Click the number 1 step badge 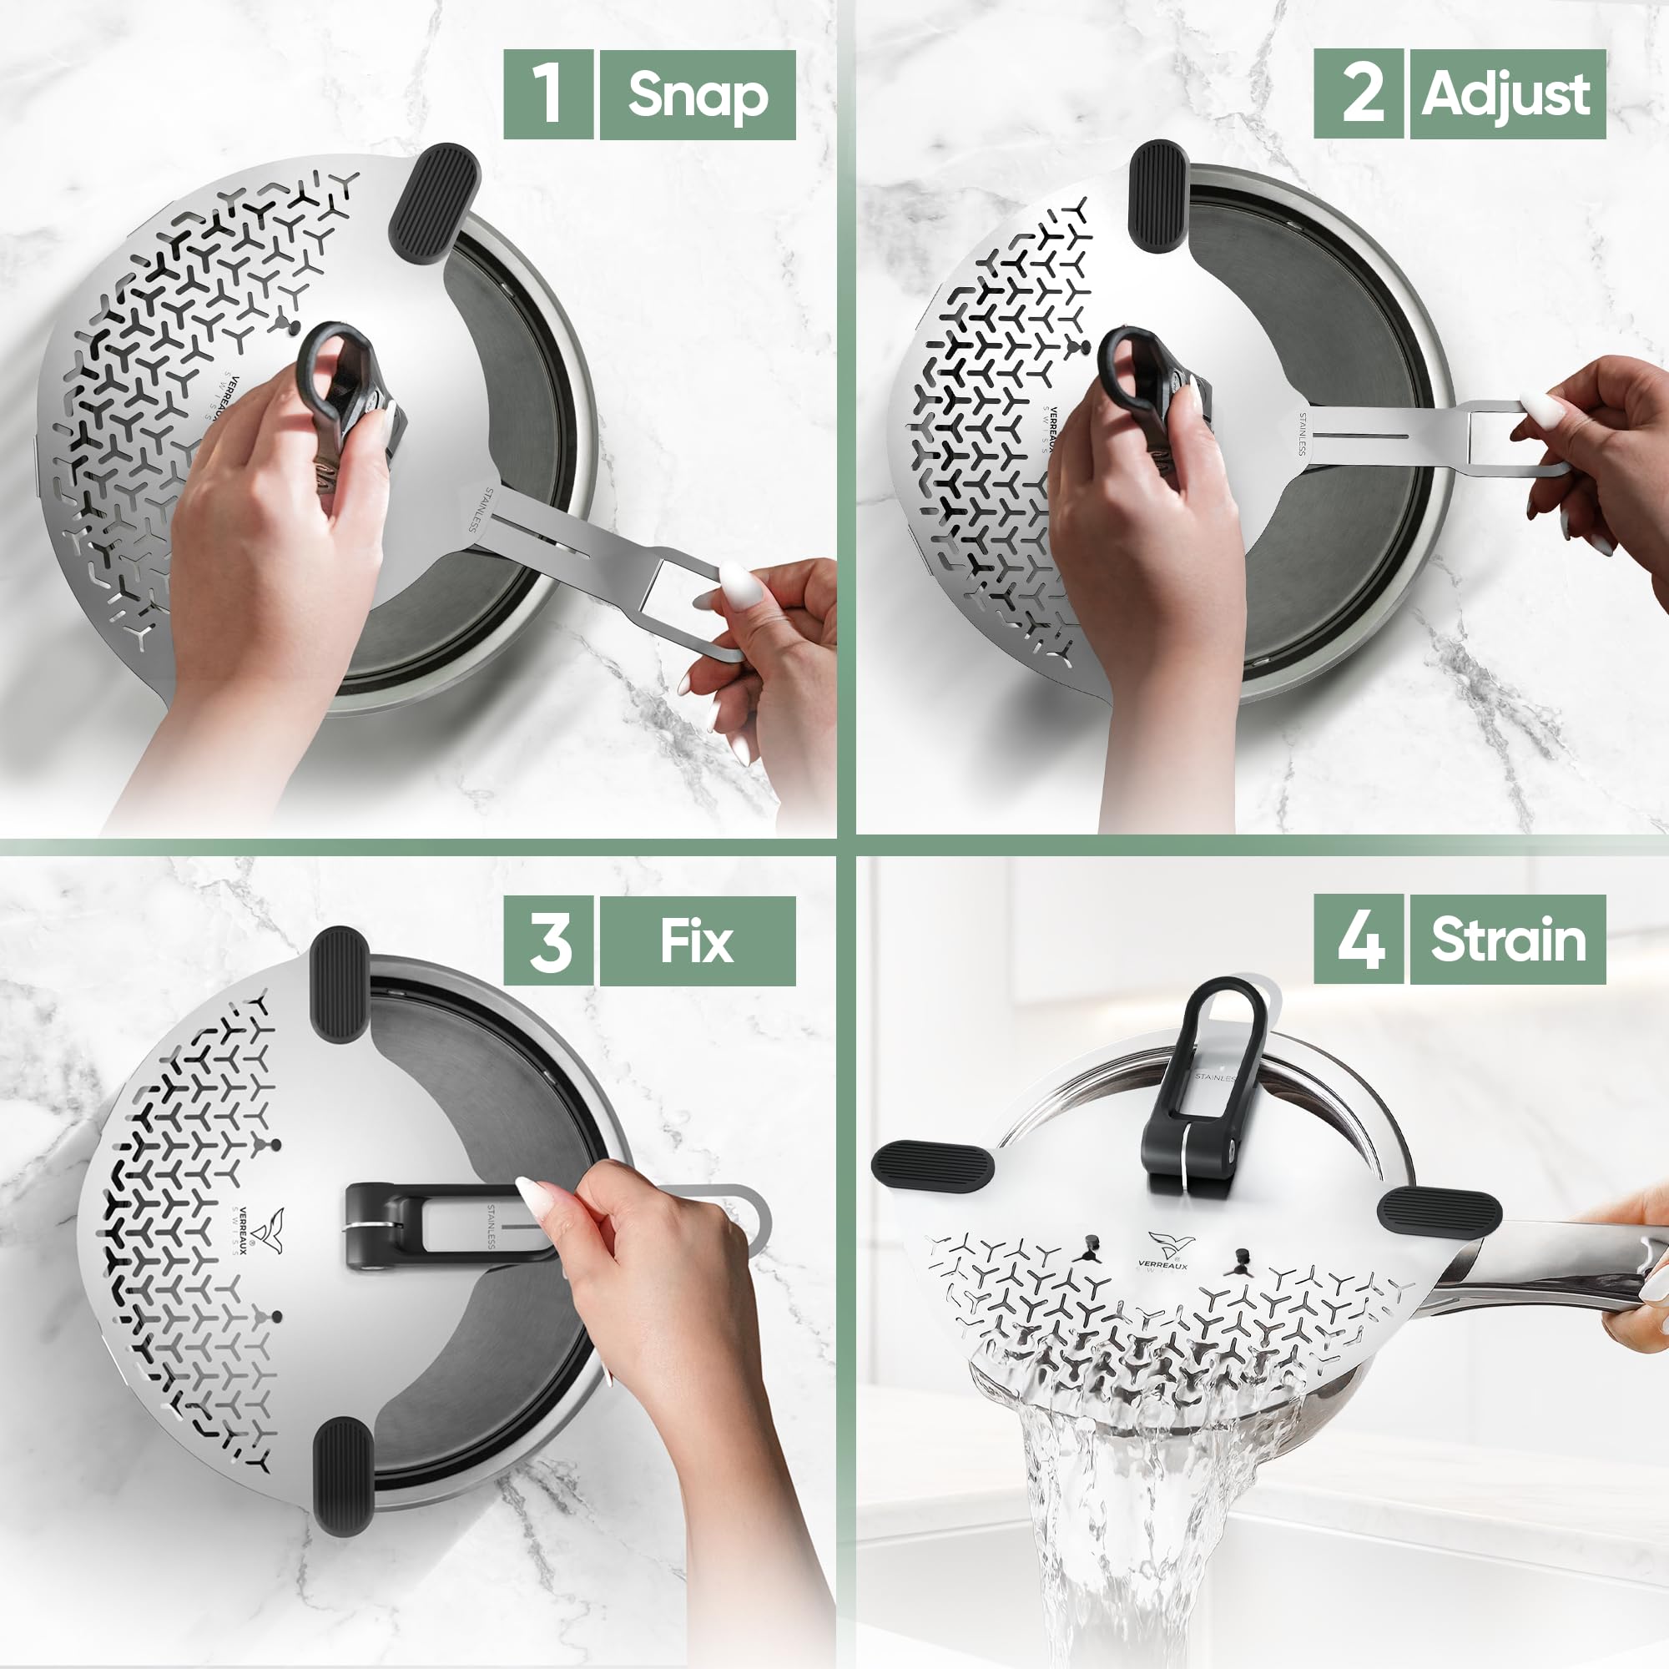pos(547,93)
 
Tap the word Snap pos(697,93)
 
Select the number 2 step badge pos(1358,93)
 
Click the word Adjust pos(1506,93)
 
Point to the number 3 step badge pos(547,940)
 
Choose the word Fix pos(697,940)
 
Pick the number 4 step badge pos(1358,940)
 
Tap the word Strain pos(1507,940)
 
